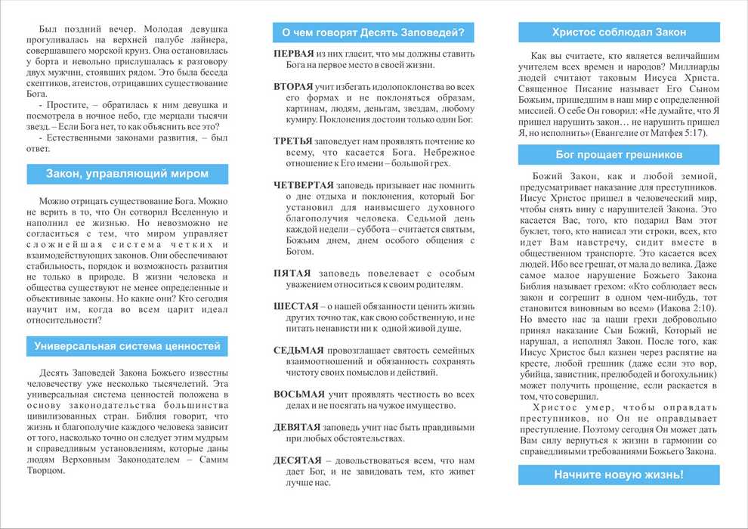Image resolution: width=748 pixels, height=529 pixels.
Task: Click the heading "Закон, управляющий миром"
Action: (127, 175)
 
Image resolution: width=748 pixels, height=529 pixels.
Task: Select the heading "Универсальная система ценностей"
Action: (127, 346)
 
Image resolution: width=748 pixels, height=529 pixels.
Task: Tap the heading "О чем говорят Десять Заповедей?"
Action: (373, 32)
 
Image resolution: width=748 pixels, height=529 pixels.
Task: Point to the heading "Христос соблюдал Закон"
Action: (619, 32)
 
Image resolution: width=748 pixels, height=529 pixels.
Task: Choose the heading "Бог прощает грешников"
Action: (619, 155)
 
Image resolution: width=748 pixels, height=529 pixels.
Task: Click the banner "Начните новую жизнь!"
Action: (619, 475)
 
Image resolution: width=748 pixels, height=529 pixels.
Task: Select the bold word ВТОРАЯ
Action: (293, 87)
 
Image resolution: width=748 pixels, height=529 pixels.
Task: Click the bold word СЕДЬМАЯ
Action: (298, 350)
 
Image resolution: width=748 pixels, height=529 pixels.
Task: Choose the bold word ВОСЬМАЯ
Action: (299, 394)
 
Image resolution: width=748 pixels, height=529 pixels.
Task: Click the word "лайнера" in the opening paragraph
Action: (207, 39)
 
